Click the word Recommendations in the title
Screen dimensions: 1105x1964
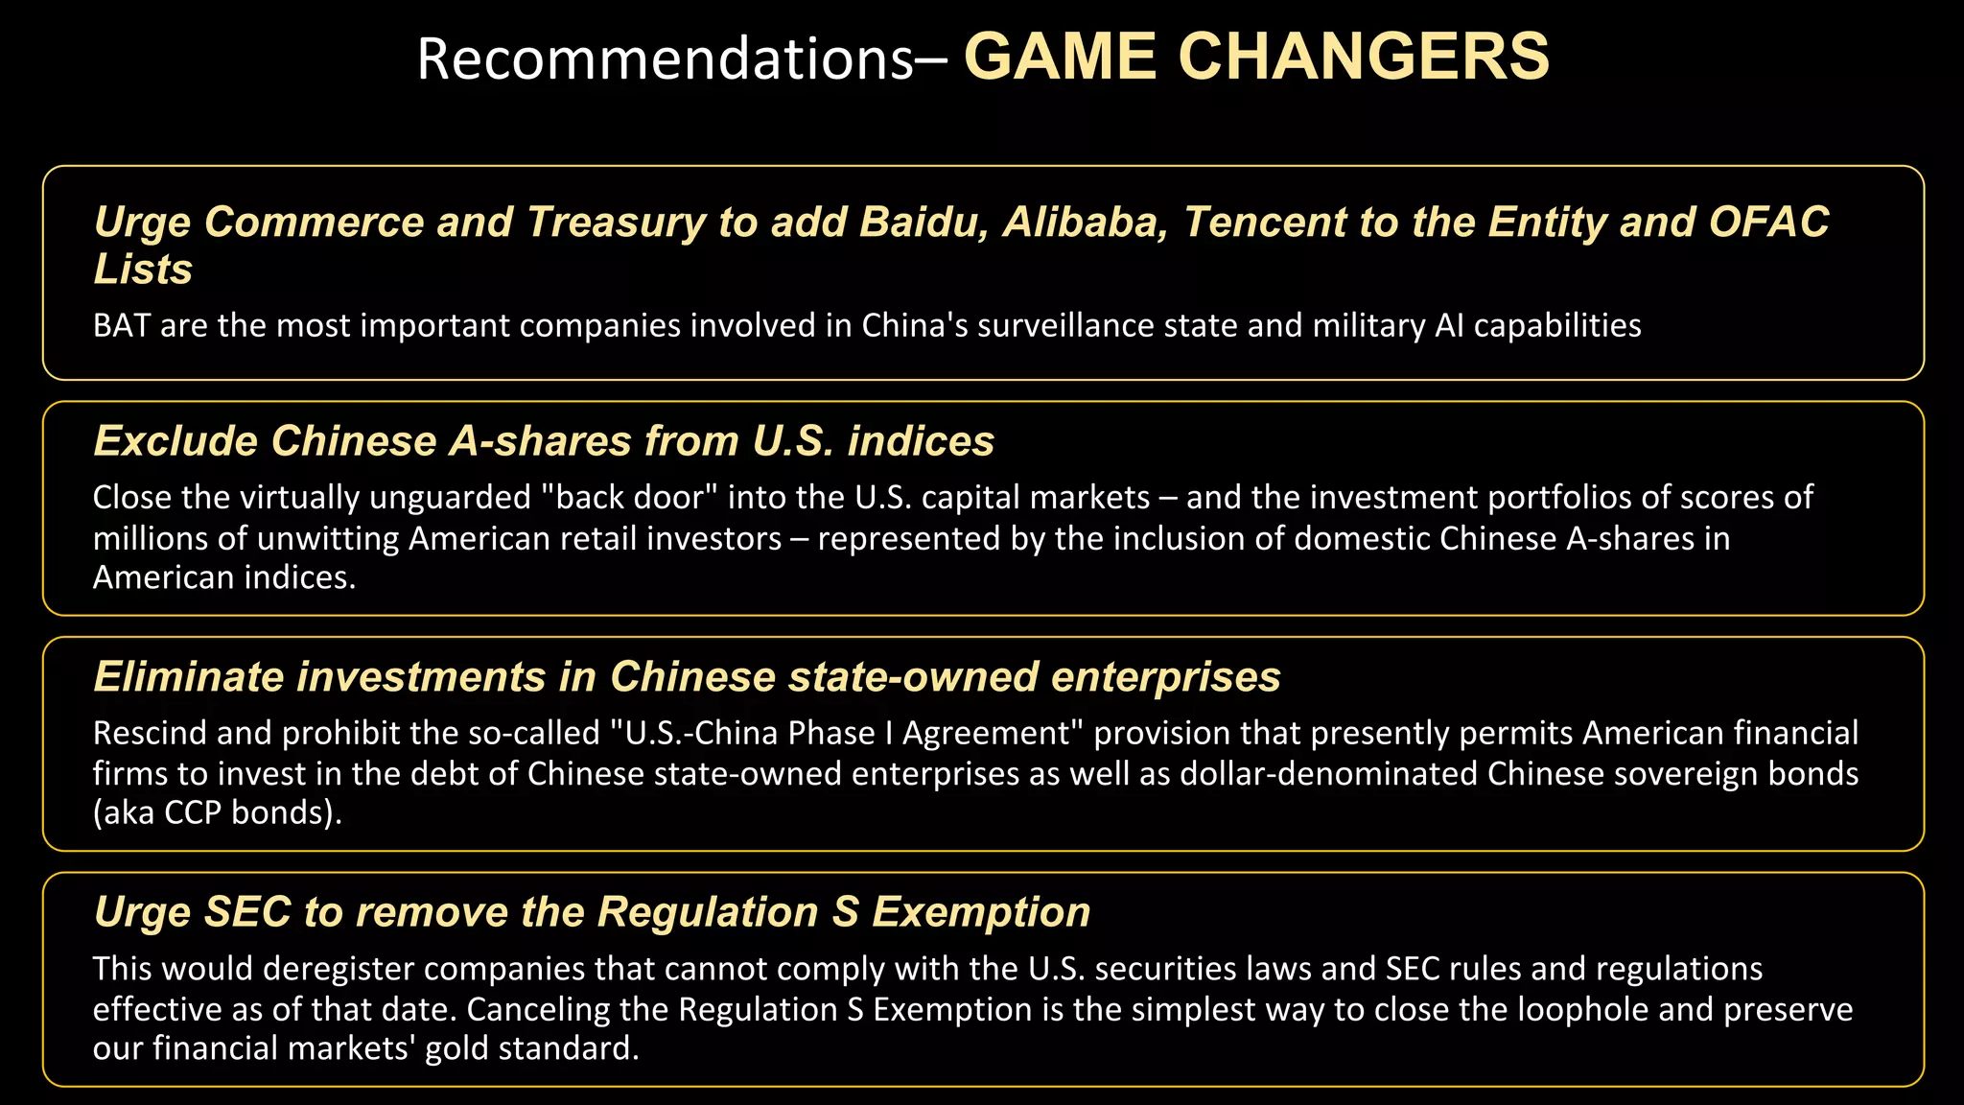pos(666,59)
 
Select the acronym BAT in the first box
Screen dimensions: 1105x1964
pos(122,326)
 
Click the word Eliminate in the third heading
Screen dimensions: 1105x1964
pos(189,677)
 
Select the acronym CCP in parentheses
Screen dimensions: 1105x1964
pos(193,813)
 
